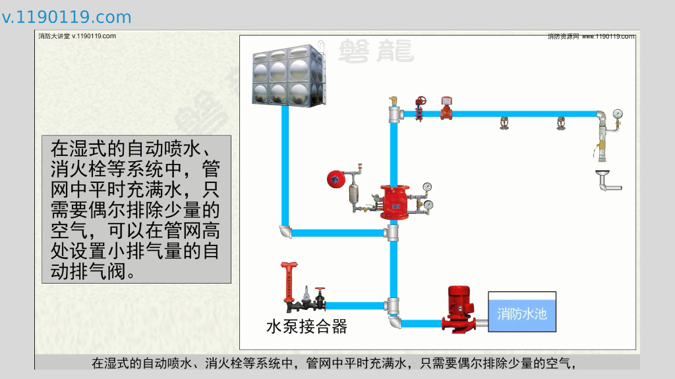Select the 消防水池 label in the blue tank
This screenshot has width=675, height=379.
point(521,313)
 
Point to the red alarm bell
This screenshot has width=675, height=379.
point(336,178)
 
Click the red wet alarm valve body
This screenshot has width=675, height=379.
point(394,201)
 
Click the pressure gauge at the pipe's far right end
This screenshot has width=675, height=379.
point(618,114)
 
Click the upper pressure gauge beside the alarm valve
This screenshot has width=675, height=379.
point(427,187)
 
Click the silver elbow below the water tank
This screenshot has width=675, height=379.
point(285,232)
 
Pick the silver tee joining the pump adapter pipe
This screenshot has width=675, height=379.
point(394,305)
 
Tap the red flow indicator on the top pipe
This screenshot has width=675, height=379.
point(446,109)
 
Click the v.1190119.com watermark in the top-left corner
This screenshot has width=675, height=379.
point(67,17)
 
